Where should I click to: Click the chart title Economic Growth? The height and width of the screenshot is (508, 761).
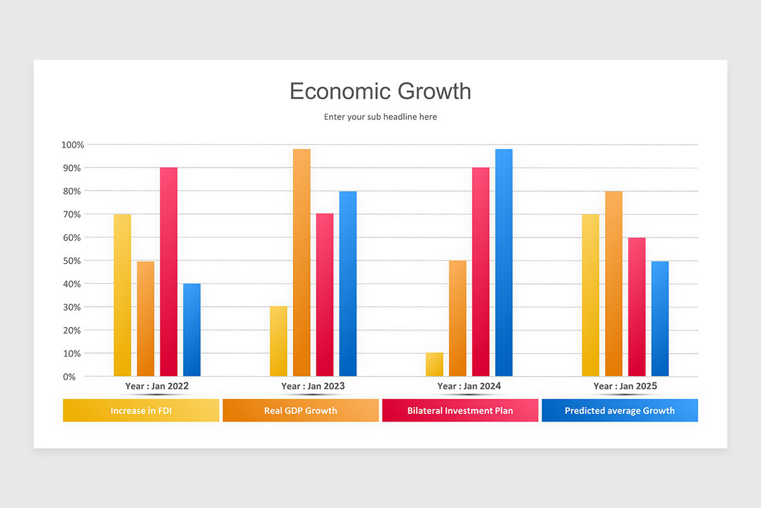(380, 91)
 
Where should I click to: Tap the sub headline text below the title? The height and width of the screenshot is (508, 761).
(380, 117)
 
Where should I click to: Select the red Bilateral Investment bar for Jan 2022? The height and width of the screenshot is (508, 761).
(169, 273)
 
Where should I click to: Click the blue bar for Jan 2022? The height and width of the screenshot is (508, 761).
(192, 330)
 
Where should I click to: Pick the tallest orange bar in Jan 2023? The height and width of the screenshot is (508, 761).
(302, 264)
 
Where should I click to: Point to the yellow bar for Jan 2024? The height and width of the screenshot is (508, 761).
(434, 364)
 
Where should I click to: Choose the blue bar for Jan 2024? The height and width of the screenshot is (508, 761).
(504, 264)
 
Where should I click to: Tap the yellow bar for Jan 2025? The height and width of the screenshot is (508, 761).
(590, 295)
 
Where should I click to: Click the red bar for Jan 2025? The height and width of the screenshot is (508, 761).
(637, 307)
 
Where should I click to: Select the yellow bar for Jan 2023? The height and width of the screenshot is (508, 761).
(278, 342)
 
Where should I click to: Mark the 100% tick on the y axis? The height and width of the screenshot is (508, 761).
(73, 145)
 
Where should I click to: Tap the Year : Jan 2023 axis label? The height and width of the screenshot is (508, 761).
(313, 386)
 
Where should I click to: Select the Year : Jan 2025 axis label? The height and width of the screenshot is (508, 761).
(625, 386)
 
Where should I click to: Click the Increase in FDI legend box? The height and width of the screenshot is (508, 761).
(141, 410)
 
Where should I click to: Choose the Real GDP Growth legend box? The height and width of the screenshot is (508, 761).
(301, 410)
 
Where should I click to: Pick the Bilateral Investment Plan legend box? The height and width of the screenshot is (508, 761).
(460, 410)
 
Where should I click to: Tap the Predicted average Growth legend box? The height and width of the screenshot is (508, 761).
(620, 410)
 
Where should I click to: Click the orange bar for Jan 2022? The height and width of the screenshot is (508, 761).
(145, 319)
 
